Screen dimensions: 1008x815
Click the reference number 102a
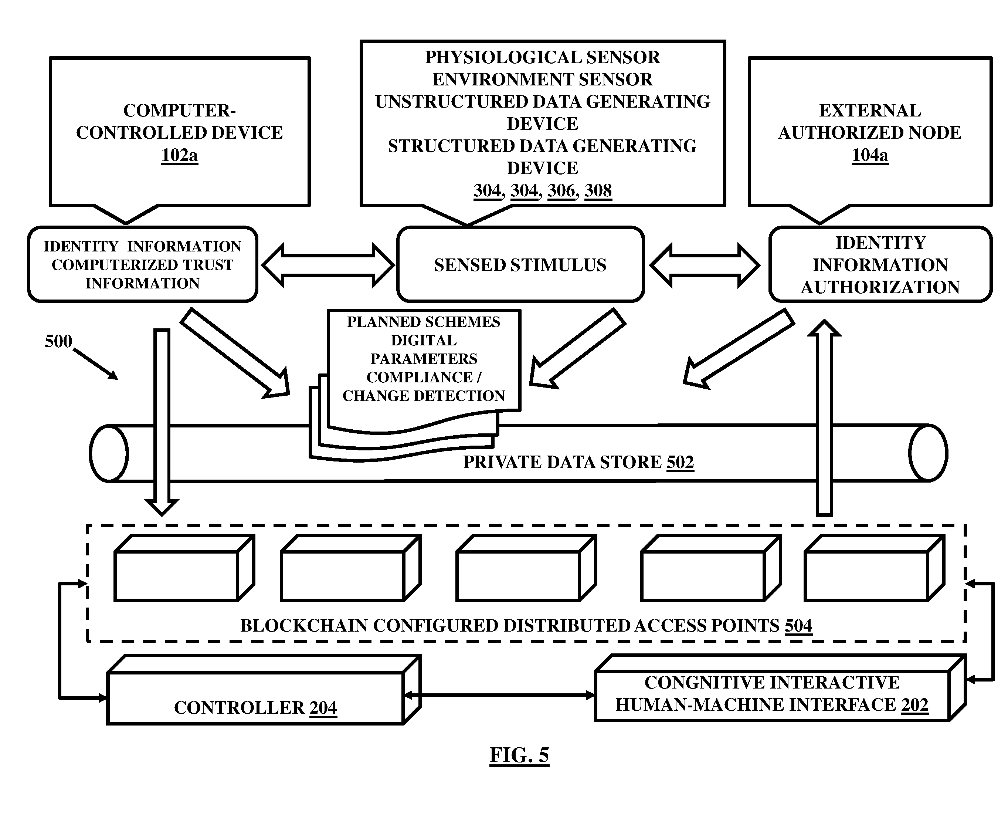(x=179, y=155)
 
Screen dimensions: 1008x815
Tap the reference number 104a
(x=869, y=155)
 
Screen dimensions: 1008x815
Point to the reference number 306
(x=561, y=190)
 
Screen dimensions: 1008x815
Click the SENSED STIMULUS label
(x=520, y=265)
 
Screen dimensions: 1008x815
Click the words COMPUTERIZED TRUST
(x=142, y=265)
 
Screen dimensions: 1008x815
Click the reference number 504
(x=798, y=626)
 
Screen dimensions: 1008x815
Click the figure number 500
(x=58, y=341)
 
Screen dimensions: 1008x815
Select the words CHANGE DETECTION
(x=423, y=396)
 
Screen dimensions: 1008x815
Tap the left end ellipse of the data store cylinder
(x=109, y=453)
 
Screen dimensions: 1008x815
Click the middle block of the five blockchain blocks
(x=526, y=568)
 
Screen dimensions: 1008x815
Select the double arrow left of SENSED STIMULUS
(x=327, y=265)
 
